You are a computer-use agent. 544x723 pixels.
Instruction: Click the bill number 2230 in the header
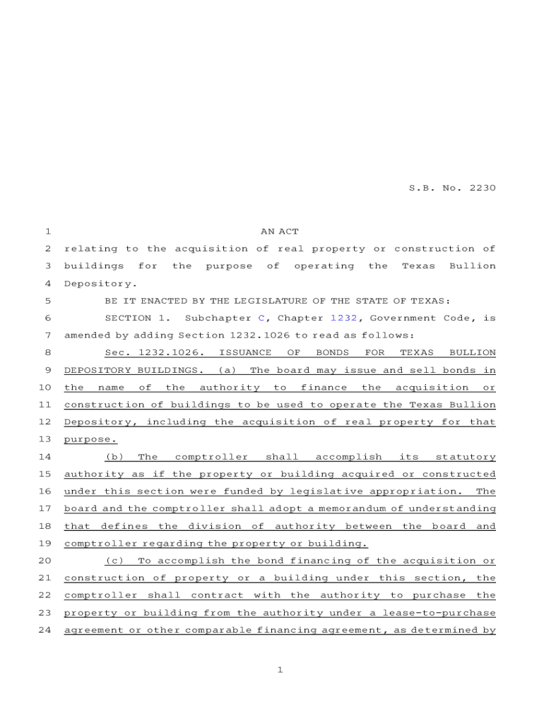point(482,189)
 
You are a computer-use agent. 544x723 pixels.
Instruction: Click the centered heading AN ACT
point(280,232)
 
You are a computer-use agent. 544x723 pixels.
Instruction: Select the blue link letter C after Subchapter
point(261,318)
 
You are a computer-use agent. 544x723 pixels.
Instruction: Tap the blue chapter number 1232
point(344,318)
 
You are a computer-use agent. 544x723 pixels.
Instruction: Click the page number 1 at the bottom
point(280,670)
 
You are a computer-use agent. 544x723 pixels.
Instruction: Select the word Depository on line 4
point(90,284)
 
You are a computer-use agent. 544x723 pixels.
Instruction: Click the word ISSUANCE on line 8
point(244,352)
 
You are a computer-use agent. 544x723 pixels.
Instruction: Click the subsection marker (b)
point(114,457)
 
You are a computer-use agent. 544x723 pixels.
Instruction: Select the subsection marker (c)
point(114,561)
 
